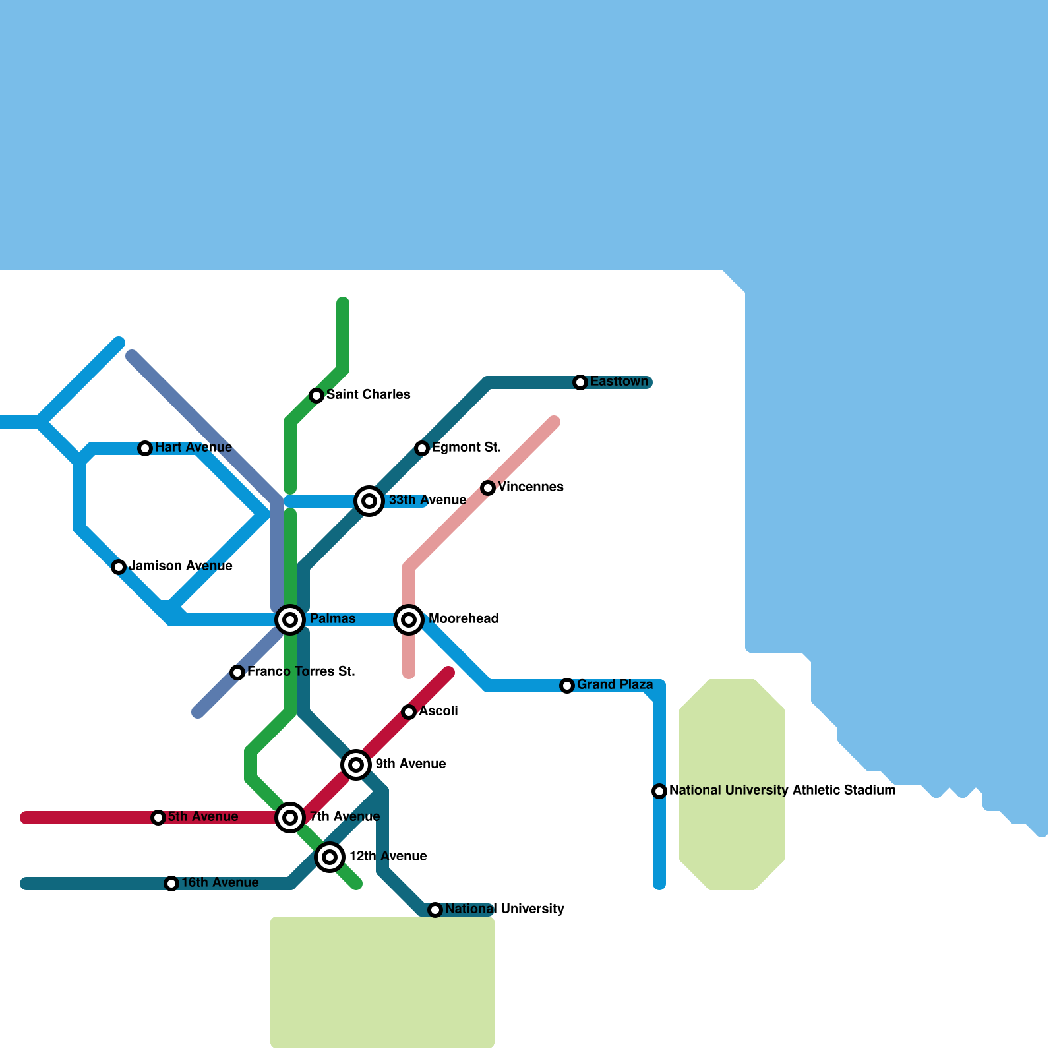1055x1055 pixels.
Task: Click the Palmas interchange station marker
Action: point(290,620)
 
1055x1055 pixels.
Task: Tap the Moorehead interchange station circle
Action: point(409,620)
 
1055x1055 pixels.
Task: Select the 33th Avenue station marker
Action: point(369,501)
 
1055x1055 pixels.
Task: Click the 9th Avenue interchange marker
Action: point(356,765)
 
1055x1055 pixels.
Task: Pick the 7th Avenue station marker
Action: point(290,818)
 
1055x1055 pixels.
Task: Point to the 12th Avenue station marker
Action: point(330,857)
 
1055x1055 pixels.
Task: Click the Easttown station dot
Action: point(580,382)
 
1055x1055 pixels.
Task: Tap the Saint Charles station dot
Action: point(316,396)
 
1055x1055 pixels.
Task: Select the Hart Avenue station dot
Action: point(145,448)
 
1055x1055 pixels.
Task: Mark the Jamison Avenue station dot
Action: point(119,567)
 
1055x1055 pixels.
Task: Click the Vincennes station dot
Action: point(488,488)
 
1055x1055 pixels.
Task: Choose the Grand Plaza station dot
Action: point(567,686)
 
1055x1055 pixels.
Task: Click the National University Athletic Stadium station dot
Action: point(659,791)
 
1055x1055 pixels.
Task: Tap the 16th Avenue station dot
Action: point(171,884)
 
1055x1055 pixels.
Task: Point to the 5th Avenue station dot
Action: point(158,818)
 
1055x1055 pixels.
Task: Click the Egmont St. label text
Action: point(466,448)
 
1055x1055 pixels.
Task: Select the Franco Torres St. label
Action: point(301,672)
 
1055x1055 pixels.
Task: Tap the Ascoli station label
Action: point(438,711)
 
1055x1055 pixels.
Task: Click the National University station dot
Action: point(435,910)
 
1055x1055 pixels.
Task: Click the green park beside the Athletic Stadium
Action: point(732,785)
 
